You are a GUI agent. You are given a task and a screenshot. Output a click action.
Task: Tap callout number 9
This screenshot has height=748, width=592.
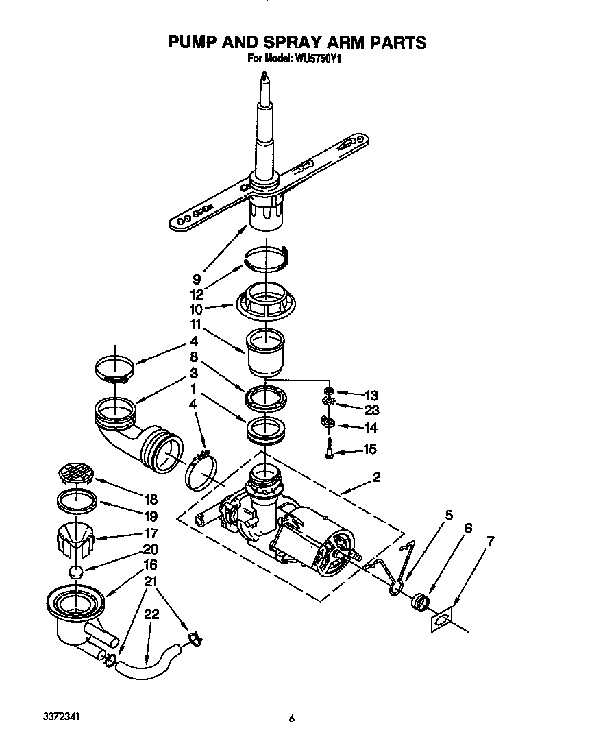pos(196,279)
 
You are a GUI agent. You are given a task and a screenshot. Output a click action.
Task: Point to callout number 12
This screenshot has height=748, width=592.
pos(197,294)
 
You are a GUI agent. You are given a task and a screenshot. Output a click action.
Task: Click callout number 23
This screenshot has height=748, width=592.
pos(371,410)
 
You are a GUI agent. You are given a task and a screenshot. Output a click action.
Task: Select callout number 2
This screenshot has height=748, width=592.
pos(377,478)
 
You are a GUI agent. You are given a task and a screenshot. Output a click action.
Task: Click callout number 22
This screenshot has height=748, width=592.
pos(151,614)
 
